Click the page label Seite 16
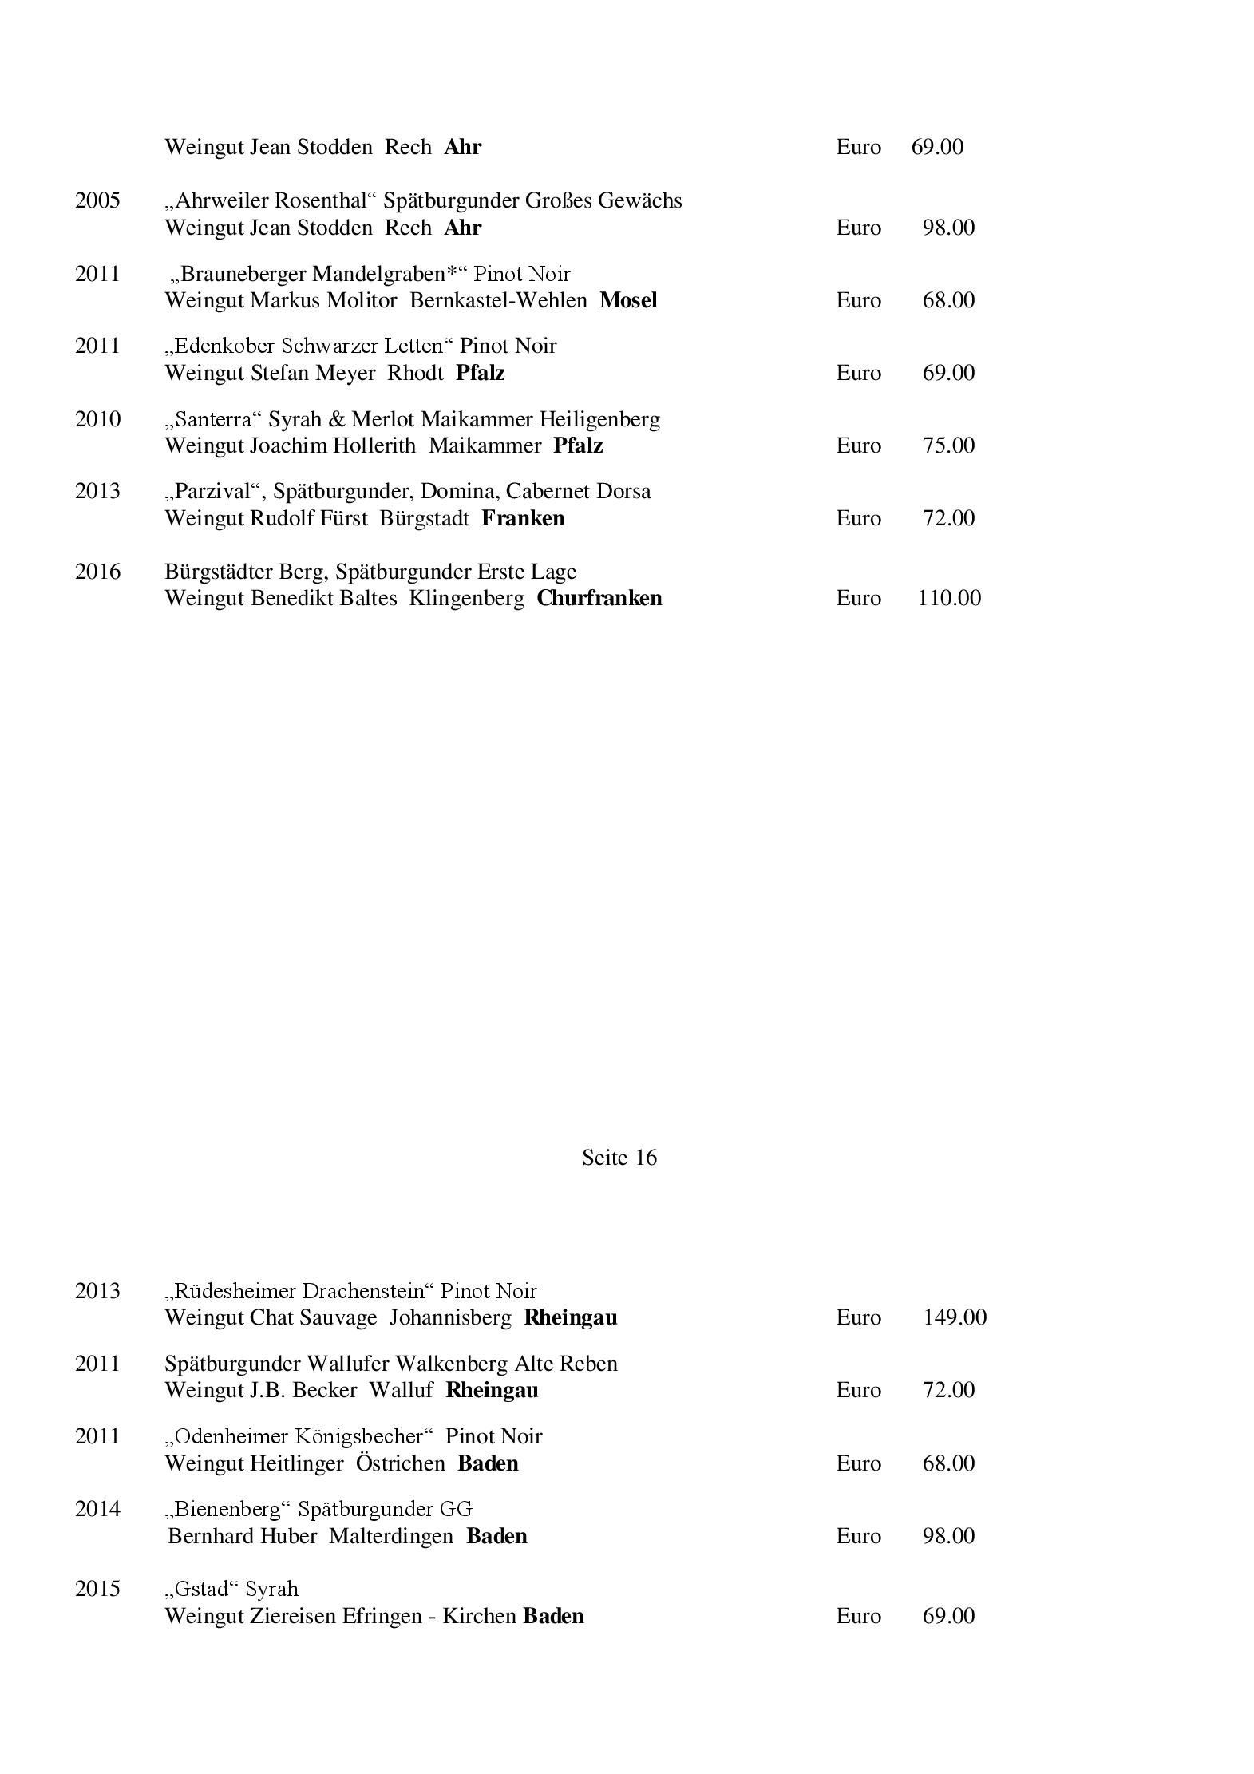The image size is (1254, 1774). point(619,1158)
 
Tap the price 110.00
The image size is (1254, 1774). point(949,598)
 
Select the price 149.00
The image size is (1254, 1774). point(955,1317)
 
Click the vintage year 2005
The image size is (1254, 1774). point(97,200)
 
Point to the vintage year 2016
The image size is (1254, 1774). point(97,572)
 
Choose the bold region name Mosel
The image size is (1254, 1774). point(628,300)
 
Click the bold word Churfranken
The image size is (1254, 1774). point(599,598)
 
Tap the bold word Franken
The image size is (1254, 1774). point(523,518)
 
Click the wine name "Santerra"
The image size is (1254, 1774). point(211,419)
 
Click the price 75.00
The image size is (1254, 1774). point(948,445)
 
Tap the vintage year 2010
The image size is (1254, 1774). point(97,419)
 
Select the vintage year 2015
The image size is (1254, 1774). point(97,1589)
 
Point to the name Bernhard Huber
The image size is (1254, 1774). point(243,1536)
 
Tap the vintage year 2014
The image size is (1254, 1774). point(97,1509)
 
